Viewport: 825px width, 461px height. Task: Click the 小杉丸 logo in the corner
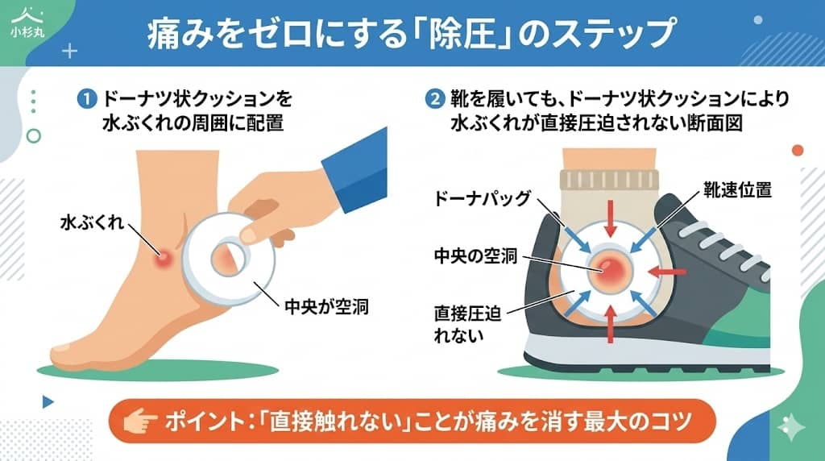pyautogui.click(x=24, y=24)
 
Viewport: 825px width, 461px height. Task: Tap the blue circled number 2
pyautogui.click(x=434, y=100)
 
